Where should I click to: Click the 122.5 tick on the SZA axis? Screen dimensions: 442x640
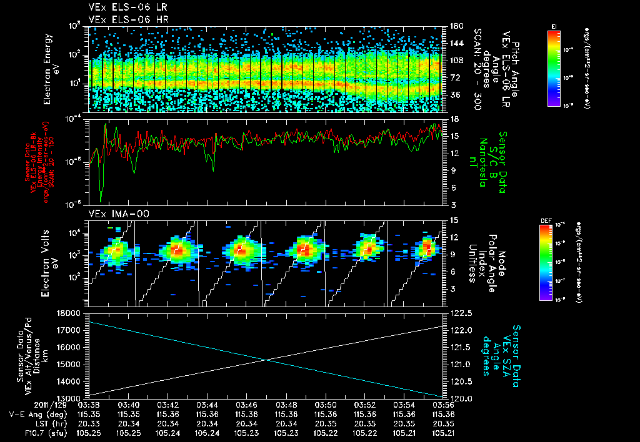tap(458, 313)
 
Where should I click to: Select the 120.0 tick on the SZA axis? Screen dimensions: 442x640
tap(458, 398)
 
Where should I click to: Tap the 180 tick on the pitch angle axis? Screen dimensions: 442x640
tap(455, 26)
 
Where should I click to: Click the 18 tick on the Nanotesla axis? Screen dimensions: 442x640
tap(454, 119)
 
